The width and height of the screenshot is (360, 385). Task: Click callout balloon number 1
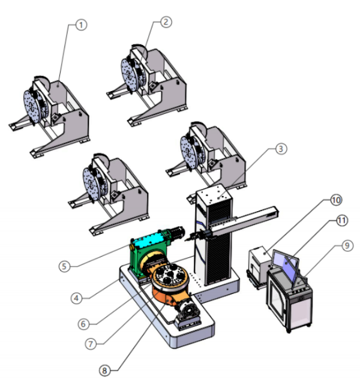81,25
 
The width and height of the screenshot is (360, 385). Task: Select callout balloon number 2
166,22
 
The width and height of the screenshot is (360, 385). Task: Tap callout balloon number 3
281,149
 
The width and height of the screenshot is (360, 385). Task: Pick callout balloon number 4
76,298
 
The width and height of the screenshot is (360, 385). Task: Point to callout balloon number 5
64,266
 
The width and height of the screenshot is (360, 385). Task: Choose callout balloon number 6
83,324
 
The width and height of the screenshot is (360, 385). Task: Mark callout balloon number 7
91,344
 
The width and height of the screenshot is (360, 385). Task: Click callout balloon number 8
104,371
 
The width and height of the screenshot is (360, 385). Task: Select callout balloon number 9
347,245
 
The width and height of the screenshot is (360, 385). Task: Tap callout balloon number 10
336,200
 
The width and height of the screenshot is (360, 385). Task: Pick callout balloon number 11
341,221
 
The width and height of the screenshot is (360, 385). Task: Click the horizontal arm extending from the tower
244,220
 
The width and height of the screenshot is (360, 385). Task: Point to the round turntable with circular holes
170,275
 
